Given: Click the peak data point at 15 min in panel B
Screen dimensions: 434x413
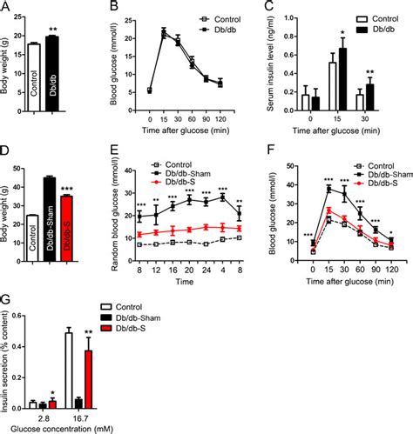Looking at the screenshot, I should pyautogui.click(x=163, y=34).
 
